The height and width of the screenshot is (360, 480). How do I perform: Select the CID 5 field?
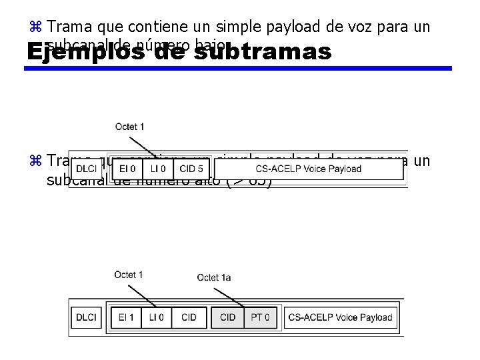click(191, 169)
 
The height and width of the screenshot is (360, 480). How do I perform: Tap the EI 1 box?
click(126, 317)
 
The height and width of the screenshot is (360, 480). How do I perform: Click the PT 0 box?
click(260, 317)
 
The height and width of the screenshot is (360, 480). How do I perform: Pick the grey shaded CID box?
click(228, 317)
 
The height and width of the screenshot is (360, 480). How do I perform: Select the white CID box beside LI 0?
click(189, 317)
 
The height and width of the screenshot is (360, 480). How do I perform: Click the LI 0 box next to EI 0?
click(158, 169)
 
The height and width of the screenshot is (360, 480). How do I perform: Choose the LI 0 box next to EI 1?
click(157, 317)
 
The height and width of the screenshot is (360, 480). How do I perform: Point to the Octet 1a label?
click(214, 277)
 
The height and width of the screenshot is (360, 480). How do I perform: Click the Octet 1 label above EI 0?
click(129, 127)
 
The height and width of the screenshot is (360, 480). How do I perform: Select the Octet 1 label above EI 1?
click(129, 275)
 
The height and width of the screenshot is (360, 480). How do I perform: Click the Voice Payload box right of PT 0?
click(340, 317)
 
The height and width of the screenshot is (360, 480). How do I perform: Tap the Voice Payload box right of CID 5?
click(308, 169)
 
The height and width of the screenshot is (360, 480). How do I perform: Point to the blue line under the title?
click(240, 68)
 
